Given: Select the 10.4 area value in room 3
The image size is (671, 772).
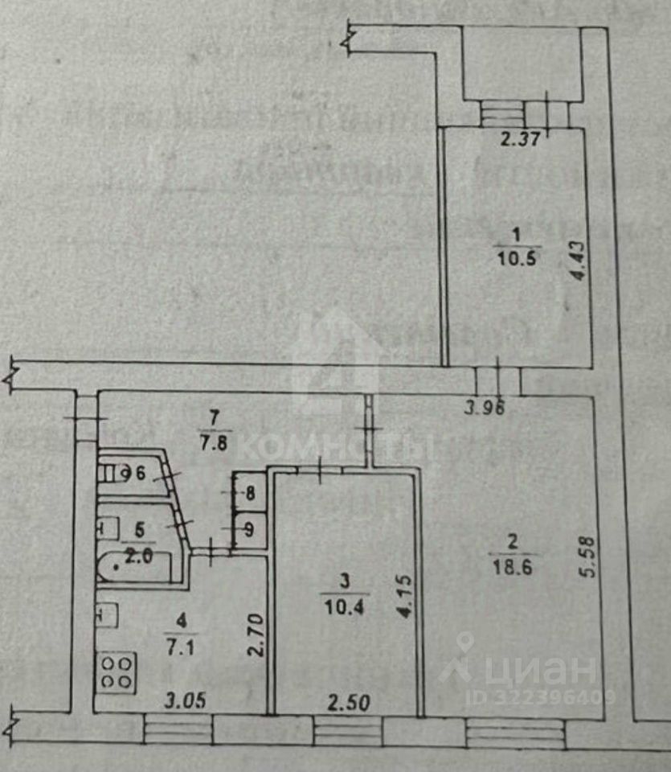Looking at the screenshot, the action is coord(344,606).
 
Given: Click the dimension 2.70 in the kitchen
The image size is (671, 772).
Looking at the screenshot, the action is coord(255,636).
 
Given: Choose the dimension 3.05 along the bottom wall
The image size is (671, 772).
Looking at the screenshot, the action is coord(184,700).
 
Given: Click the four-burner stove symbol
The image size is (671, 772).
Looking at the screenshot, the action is coord(117,671).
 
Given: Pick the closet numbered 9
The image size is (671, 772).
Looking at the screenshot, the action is coord(249,529).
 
